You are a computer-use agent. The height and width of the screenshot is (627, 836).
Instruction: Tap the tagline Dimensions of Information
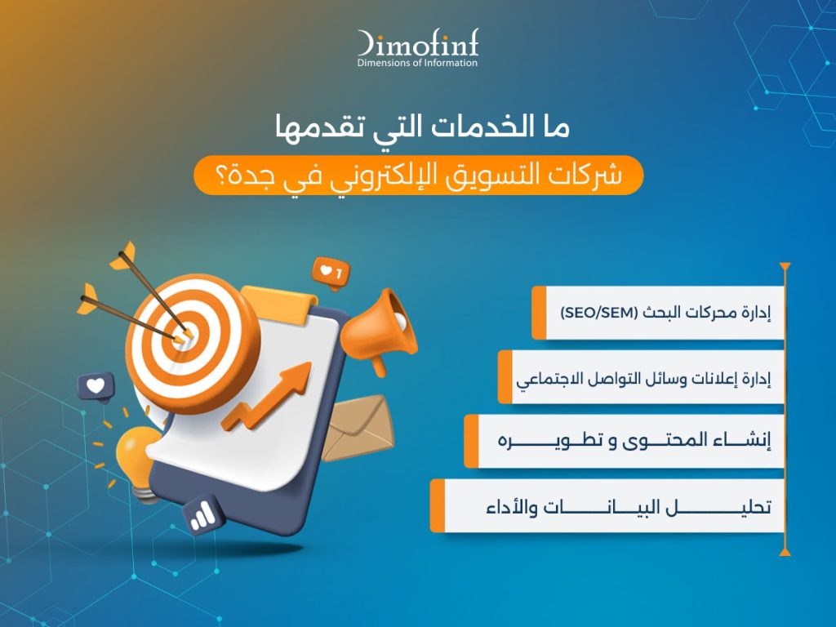pos(417,63)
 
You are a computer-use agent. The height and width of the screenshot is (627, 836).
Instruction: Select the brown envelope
pos(358,428)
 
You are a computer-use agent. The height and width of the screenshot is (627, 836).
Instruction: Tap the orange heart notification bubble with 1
pos(331,273)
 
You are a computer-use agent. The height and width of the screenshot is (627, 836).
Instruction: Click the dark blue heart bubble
pos(96,386)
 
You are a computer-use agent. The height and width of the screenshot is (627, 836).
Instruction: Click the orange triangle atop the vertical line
pos(785,267)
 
